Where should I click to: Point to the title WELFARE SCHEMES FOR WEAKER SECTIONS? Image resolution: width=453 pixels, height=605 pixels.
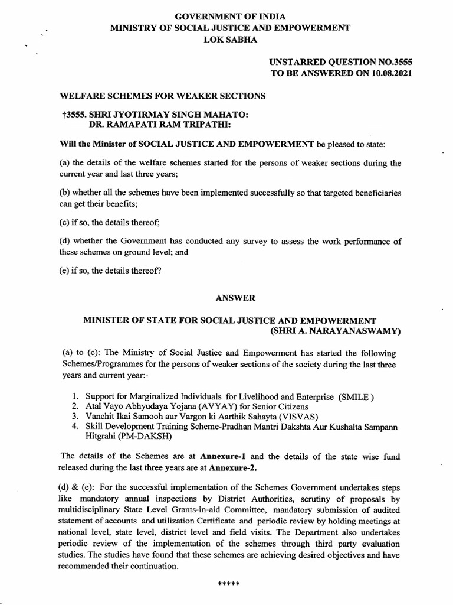tap(163, 96)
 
